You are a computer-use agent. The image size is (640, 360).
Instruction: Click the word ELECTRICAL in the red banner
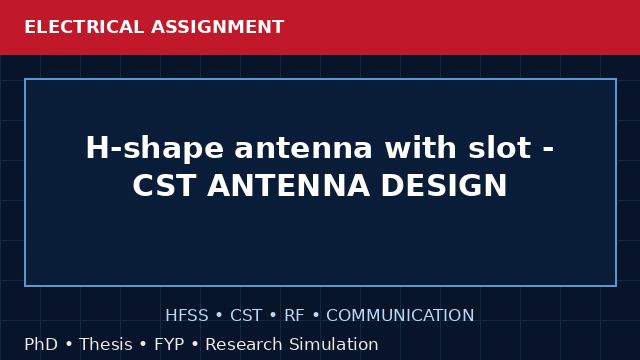point(84,27)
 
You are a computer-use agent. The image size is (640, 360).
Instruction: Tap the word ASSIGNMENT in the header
point(217,27)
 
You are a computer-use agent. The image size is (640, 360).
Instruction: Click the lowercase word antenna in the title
point(303,148)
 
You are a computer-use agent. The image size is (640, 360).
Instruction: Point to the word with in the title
point(420,147)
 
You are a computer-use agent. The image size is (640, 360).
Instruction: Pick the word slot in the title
point(500,147)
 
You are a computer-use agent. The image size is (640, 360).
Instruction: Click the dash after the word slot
point(548,150)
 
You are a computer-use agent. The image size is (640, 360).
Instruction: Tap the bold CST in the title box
point(163,185)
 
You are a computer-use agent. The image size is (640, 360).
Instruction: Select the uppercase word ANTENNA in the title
point(289,185)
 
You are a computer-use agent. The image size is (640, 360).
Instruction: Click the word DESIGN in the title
point(444,185)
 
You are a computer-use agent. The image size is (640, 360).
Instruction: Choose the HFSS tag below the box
point(187,315)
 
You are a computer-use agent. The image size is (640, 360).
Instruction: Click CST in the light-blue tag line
point(246,315)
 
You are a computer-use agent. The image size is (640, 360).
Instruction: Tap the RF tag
point(294,315)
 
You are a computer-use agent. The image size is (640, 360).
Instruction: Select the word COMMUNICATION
point(400,315)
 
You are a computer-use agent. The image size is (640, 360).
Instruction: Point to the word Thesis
point(106,344)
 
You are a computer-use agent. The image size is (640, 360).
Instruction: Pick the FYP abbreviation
point(169,344)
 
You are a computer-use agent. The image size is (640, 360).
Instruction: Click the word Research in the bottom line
point(243,344)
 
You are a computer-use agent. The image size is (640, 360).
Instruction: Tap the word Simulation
point(333,344)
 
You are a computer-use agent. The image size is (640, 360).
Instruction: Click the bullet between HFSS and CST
point(219,316)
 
